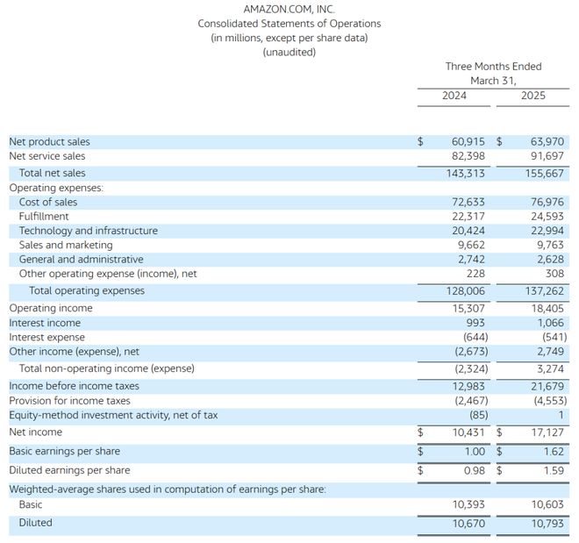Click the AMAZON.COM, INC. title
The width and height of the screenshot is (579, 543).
(289, 9)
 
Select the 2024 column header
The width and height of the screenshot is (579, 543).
(454, 96)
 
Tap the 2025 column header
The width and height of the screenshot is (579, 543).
(533, 96)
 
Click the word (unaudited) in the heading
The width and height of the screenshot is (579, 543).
(289, 52)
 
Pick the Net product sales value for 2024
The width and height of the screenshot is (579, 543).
(468, 142)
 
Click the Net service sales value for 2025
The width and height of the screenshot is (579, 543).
(547, 156)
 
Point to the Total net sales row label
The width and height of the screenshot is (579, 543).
(52, 173)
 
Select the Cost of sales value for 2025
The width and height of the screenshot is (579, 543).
(547, 202)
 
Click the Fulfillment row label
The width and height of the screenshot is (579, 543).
(44, 217)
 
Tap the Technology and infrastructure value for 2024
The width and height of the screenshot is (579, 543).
(468, 231)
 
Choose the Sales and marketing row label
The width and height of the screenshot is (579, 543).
(66, 245)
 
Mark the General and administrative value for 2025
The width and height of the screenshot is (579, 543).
(551, 259)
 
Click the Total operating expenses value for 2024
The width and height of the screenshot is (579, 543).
(465, 291)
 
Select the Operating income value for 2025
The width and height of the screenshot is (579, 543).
(547, 308)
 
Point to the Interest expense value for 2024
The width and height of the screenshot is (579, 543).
(475, 337)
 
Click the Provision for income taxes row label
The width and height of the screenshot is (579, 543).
(70, 401)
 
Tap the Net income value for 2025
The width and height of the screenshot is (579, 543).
(547, 432)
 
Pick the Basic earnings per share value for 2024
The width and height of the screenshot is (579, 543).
(475, 452)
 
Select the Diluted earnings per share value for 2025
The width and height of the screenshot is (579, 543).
(554, 471)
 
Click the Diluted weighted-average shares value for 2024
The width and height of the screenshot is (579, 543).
(468, 524)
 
